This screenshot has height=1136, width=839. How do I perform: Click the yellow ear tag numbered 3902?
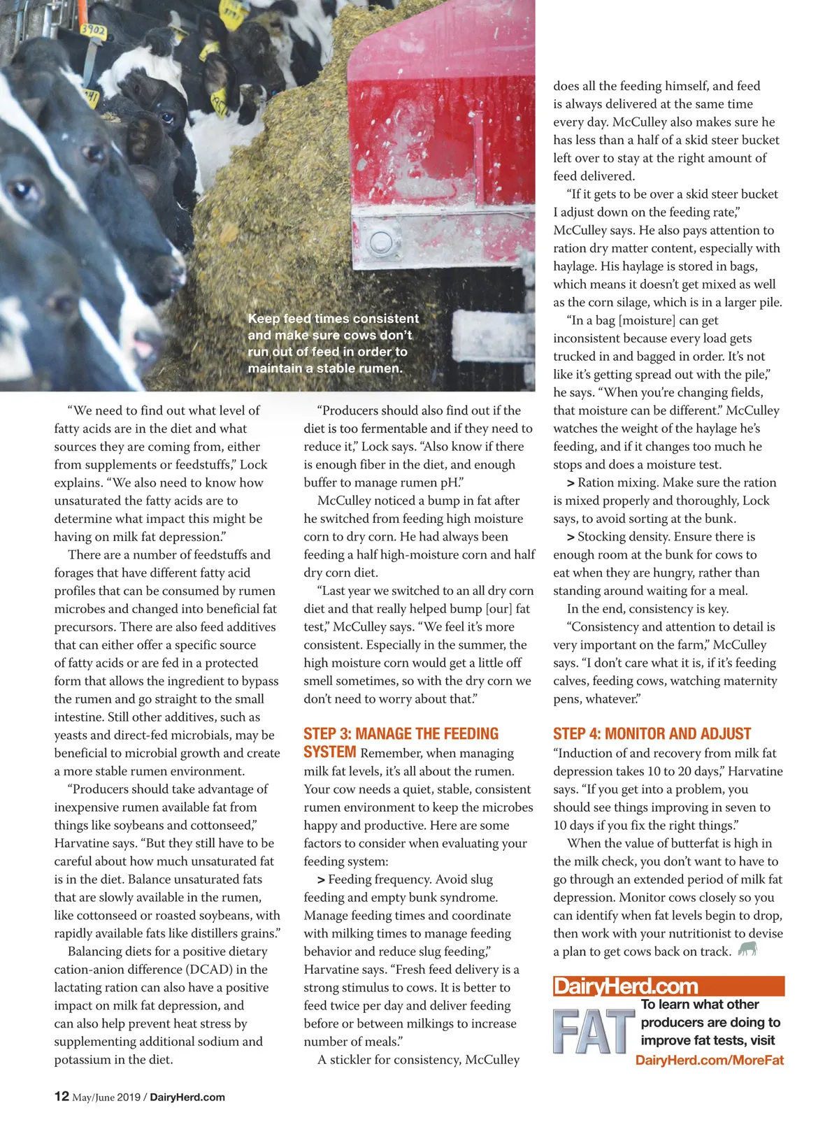coord(92,31)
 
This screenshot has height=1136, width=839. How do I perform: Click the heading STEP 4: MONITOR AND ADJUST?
coord(652,733)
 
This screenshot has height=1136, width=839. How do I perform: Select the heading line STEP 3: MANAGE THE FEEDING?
coord(401,733)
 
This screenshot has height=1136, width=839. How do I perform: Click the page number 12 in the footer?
coord(62,1096)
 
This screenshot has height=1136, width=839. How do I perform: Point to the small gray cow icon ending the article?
coord(747,949)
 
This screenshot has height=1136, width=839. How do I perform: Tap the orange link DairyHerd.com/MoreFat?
coord(709,1060)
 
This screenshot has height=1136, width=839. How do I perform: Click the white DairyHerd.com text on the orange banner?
coord(626,986)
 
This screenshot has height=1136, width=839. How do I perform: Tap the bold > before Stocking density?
coord(571,537)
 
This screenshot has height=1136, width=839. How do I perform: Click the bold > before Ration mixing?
coord(571,482)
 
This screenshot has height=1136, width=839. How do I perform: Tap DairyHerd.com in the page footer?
coord(187,1097)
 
